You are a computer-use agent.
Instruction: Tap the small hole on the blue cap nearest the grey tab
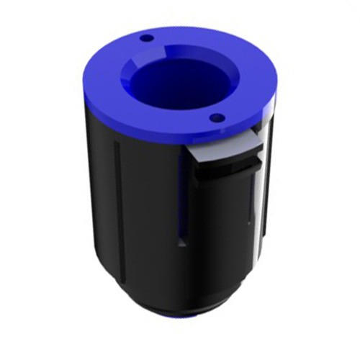coord(215,117)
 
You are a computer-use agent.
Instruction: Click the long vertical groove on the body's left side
coord(116,194)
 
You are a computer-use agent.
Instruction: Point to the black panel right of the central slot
coord(212,230)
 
